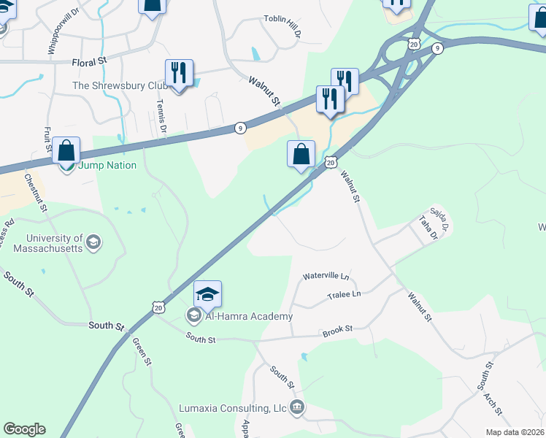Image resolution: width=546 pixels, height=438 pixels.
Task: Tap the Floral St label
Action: tap(90, 64)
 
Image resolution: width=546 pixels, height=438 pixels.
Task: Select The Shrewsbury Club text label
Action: tap(120, 86)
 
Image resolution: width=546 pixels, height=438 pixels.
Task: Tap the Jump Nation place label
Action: tap(107, 166)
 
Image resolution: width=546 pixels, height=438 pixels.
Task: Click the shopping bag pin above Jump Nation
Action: tap(66, 151)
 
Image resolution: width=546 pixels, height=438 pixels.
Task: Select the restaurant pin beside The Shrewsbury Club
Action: tap(179, 73)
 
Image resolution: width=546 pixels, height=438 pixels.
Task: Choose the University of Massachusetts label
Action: tap(55, 243)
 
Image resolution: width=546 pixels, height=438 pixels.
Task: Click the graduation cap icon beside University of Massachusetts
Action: tap(93, 242)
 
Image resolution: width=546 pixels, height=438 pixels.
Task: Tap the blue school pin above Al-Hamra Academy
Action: tap(207, 294)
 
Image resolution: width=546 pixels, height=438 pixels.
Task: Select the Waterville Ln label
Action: tap(326, 277)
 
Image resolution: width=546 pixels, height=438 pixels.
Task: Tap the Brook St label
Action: tap(338, 331)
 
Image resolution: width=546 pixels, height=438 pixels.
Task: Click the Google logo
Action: tap(24, 429)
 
